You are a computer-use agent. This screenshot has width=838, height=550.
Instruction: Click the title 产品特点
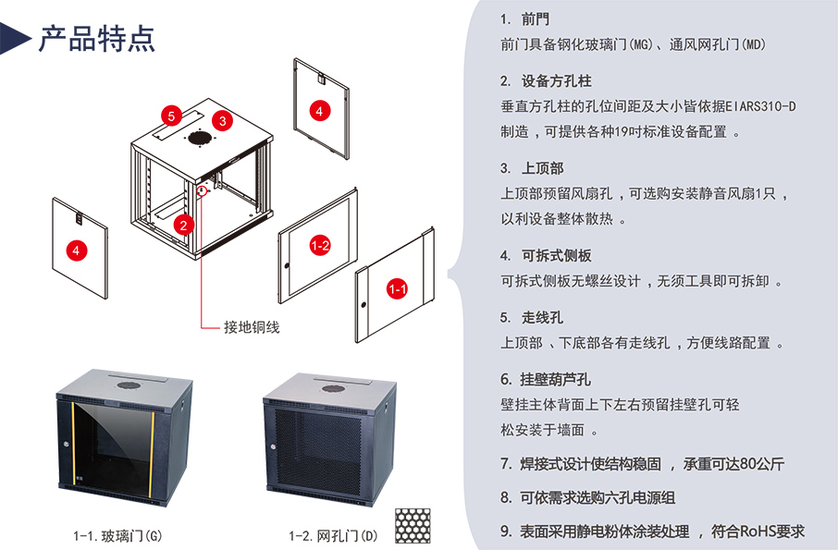click(x=96, y=38)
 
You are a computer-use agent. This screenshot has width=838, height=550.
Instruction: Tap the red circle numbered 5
click(x=170, y=116)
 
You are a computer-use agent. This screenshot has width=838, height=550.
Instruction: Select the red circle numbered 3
click(x=221, y=119)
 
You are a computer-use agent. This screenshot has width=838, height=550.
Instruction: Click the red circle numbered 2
click(x=183, y=224)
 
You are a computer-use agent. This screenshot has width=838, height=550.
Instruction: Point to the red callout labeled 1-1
click(x=398, y=289)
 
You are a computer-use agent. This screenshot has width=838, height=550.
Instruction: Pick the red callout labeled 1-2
click(x=320, y=245)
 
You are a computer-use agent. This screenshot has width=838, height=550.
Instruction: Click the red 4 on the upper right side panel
click(x=319, y=110)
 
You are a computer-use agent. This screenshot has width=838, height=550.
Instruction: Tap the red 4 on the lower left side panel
click(x=77, y=250)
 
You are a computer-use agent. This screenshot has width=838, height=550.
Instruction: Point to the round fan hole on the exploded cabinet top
click(x=197, y=140)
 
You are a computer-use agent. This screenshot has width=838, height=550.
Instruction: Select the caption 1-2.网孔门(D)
click(x=333, y=535)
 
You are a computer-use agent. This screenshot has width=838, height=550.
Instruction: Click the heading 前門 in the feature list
click(x=535, y=18)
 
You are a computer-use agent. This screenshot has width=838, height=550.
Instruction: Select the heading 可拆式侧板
click(x=556, y=255)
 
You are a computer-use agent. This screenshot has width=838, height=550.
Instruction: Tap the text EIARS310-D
click(x=760, y=106)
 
